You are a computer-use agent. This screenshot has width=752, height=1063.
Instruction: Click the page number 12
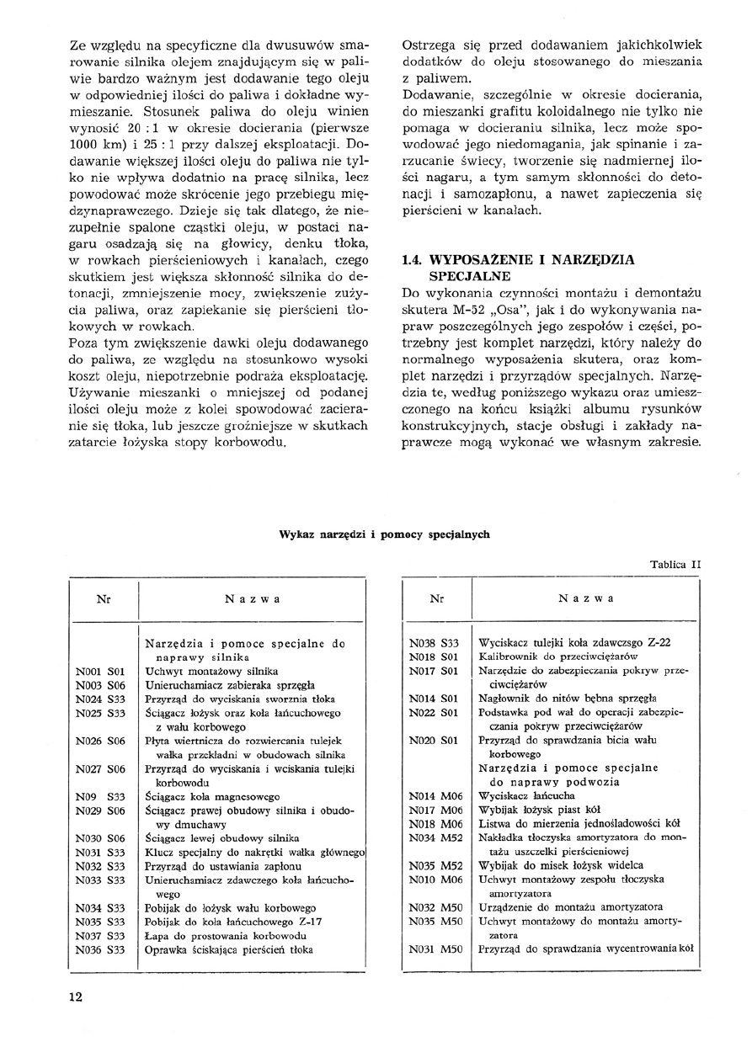pyautogui.click(x=76, y=997)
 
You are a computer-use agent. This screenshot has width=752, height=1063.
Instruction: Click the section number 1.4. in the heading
pyautogui.click(x=417, y=259)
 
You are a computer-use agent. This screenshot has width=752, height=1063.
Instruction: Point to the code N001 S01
pyautogui.click(x=99, y=672)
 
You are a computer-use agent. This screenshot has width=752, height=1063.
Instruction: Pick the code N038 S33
pyautogui.click(x=433, y=642)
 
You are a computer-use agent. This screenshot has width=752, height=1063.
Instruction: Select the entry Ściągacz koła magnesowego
pyautogui.click(x=212, y=796)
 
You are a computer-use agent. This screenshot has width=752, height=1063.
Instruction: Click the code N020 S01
pyautogui.click(x=433, y=741)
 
